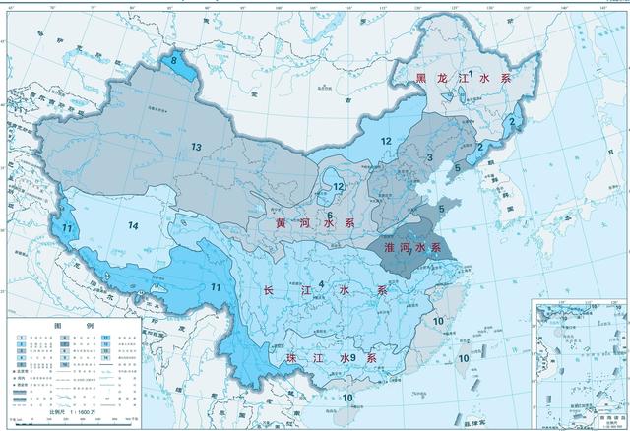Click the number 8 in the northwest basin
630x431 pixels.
(x=175, y=61)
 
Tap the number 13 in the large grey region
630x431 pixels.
(x=197, y=147)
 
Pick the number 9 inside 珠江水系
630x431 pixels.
(x=352, y=356)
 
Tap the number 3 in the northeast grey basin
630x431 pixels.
(x=430, y=157)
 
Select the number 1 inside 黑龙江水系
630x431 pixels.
(x=471, y=75)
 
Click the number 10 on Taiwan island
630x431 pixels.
(x=463, y=358)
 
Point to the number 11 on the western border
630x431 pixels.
(x=67, y=228)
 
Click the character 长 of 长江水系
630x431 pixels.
(x=269, y=291)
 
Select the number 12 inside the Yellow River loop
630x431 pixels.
(x=338, y=186)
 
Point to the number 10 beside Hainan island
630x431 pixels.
(x=348, y=397)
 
